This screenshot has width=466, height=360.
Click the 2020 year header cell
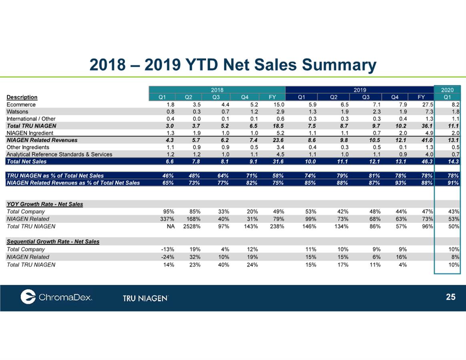click(x=447, y=90)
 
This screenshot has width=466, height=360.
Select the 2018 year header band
click(x=217, y=90)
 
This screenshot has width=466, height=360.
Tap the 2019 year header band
click(x=360, y=90)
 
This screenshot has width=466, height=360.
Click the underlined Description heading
click(x=22, y=97)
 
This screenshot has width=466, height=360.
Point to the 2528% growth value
click(x=192, y=226)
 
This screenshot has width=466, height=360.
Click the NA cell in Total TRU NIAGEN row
click(x=170, y=226)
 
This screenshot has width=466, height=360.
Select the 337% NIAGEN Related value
click(x=167, y=219)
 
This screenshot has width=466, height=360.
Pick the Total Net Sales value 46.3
click(x=427, y=162)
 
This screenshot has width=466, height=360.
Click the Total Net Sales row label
click(x=27, y=162)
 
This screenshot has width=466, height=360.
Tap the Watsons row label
click(x=17, y=112)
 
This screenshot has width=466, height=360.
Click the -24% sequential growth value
click(x=168, y=257)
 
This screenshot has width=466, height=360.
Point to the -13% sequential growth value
click(x=168, y=249)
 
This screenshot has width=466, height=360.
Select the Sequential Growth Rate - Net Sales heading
click(x=53, y=242)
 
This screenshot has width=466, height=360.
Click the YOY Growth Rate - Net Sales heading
click(x=45, y=204)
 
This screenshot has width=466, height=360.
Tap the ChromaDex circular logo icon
click(x=28, y=296)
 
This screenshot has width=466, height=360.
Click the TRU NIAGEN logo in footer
click(x=145, y=298)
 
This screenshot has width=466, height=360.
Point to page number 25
click(x=450, y=297)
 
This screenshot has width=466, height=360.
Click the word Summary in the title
click(x=339, y=65)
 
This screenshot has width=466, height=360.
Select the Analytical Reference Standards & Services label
click(x=59, y=154)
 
